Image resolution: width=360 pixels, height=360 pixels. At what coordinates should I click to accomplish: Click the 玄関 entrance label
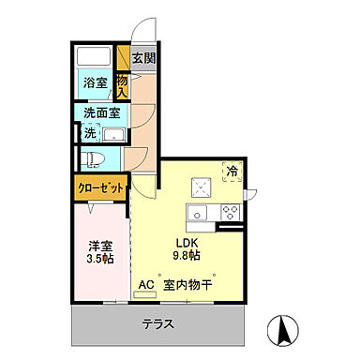pyautogui.click(x=143, y=60)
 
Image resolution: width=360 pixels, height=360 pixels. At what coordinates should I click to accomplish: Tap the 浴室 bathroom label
pyautogui.click(x=95, y=82)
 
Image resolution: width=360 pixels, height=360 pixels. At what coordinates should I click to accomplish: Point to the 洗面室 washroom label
pyautogui.click(x=100, y=113)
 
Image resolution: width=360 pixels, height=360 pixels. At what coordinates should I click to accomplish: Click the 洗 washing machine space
pyautogui.click(x=90, y=133)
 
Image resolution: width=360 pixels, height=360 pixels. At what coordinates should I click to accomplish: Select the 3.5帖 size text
pyautogui.click(x=100, y=258)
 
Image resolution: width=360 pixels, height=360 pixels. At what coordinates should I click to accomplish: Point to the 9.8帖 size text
pyautogui.click(x=185, y=254)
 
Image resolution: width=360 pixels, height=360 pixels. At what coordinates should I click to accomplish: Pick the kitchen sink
pyautogui.click(x=199, y=214)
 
